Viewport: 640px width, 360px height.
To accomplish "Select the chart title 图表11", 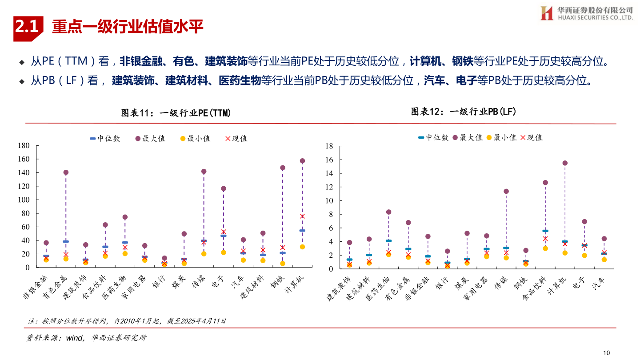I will pyautogui.click(x=176, y=113).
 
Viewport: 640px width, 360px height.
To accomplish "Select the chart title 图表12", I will pyautogui.click(x=464, y=112).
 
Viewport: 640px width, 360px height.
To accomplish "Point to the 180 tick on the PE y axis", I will pyautogui.click(x=24, y=145).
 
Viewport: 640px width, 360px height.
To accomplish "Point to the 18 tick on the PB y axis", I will pyautogui.click(x=329, y=146).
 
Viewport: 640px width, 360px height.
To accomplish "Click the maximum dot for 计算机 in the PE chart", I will pyautogui.click(x=302, y=161).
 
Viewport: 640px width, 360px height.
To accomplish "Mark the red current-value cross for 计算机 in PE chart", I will pyautogui.click(x=302, y=216).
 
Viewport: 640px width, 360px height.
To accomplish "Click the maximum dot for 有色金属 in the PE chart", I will pyautogui.click(x=66, y=172).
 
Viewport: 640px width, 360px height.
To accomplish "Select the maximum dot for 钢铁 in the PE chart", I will pyautogui.click(x=283, y=168).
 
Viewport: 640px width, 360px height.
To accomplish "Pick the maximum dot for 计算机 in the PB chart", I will pyautogui.click(x=565, y=163).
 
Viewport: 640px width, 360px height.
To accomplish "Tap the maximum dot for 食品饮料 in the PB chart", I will pyautogui.click(x=545, y=183).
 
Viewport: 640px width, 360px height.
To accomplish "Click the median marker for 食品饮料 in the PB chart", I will pyautogui.click(x=545, y=231).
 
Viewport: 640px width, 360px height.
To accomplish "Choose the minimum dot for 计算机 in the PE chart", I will pyautogui.click(x=302, y=247).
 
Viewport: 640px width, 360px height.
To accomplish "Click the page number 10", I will pyautogui.click(x=607, y=352).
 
